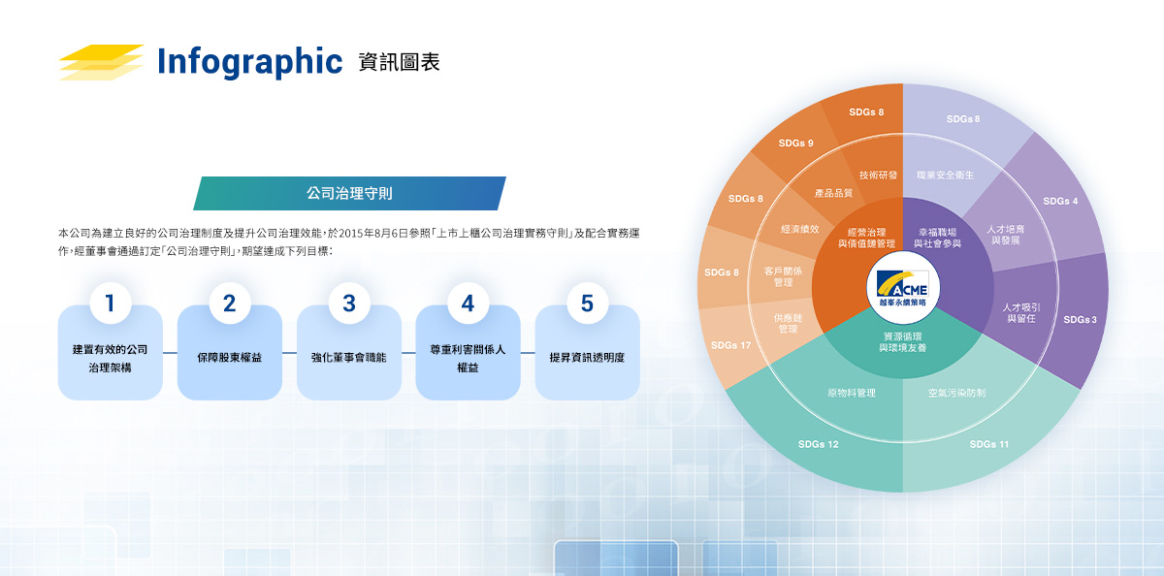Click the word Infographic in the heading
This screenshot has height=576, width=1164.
[x=250, y=62]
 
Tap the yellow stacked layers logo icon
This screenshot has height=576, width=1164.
[x=101, y=62]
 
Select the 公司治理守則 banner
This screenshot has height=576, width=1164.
[x=349, y=193]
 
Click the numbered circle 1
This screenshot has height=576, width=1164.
[x=111, y=303]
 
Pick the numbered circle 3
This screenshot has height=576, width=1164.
[x=349, y=303]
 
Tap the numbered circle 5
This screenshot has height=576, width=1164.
[x=587, y=303]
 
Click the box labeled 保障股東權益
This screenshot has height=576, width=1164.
[x=230, y=352]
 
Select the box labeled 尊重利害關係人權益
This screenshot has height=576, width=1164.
[x=468, y=352]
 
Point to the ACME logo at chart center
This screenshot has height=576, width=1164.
[x=903, y=287]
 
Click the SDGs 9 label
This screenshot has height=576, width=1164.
[x=795, y=143]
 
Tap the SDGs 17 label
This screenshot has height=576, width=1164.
[x=730, y=345]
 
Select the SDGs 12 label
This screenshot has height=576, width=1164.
[x=818, y=444]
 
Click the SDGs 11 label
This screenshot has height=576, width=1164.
[x=988, y=444]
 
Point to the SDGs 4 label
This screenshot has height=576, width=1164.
[x=1060, y=201]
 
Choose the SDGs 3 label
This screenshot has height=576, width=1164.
[x=1080, y=319]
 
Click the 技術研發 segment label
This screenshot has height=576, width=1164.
[x=878, y=176]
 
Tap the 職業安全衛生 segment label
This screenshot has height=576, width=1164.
[x=945, y=176]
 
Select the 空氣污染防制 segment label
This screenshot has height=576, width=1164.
[x=956, y=393]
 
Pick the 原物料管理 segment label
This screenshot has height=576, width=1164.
[x=852, y=393]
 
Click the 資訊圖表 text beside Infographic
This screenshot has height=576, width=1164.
[x=399, y=62]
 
